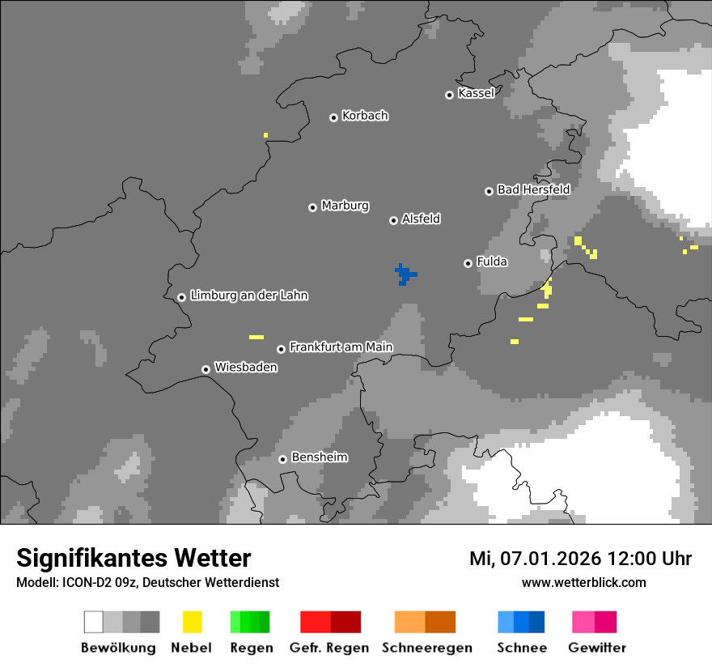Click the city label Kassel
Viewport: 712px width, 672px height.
[x=476, y=93]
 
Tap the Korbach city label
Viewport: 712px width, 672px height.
[x=365, y=116]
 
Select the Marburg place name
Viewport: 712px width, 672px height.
[x=345, y=206]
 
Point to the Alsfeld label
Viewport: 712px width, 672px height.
[x=421, y=219]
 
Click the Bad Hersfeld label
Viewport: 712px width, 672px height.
[x=533, y=189]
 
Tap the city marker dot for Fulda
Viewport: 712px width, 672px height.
[x=468, y=263]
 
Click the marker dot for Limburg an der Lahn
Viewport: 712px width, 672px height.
[x=181, y=297]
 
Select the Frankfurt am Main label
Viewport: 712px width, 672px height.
[x=341, y=347]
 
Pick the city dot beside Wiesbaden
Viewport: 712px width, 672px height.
[x=206, y=369]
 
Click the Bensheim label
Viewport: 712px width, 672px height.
[x=319, y=457]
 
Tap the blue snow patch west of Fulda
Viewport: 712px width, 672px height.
[x=404, y=274]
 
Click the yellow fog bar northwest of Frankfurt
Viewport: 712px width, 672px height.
[x=256, y=337]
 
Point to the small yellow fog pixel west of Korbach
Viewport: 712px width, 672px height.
[x=265, y=135]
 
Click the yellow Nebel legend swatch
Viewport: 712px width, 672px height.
[x=192, y=622]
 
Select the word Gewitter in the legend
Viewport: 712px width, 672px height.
[x=597, y=648]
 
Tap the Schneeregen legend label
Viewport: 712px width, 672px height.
[x=426, y=648]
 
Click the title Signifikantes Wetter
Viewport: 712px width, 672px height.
[x=133, y=558]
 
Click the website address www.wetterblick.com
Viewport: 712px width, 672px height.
[x=583, y=582]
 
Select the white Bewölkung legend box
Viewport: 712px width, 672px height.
[x=94, y=622]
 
